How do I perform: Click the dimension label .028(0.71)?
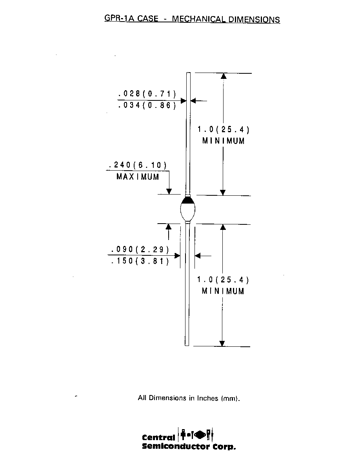click(x=147, y=94)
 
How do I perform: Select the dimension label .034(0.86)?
click(x=147, y=106)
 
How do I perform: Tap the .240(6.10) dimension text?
click(x=138, y=165)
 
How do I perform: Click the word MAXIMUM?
click(x=138, y=177)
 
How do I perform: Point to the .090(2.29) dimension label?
click(x=140, y=249)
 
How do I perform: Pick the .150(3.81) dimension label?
click(x=140, y=261)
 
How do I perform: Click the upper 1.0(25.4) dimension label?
click(x=224, y=129)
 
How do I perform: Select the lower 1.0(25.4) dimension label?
click(x=223, y=280)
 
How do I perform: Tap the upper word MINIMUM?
click(x=224, y=141)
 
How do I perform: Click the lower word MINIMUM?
click(x=223, y=291)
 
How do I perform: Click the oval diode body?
click(x=188, y=209)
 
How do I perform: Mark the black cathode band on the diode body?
click(x=188, y=200)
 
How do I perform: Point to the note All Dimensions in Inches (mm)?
click(x=189, y=398)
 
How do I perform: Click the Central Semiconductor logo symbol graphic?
click(x=195, y=435)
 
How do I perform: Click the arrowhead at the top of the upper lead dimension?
click(x=224, y=76)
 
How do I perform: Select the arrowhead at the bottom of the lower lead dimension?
click(x=222, y=344)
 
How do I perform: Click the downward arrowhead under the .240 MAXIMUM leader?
click(x=169, y=191)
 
